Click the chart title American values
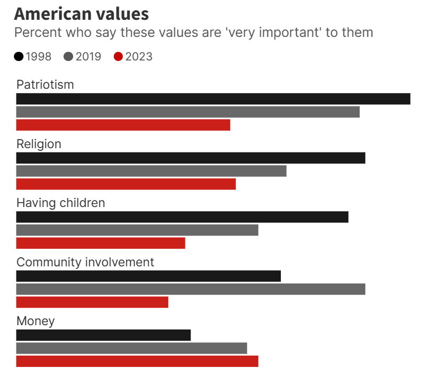pos(81,14)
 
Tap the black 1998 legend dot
pos(19,57)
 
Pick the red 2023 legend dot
pos(119,57)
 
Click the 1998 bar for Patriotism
pos(213,99)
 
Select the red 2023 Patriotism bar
pos(123,125)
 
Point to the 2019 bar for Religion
pos(151,171)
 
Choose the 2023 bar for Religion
pos(125,184)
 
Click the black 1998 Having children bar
pos(182,217)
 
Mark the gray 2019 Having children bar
pos(137,230)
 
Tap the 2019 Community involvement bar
pos(191,289)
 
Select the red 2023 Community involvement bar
pos(92,302)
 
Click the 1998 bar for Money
pos(103,335)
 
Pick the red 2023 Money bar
pos(137,361)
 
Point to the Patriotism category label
pos(45,85)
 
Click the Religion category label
pos(38,144)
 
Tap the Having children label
pos(60,203)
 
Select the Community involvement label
pos(85,262)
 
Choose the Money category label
pos(35,321)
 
